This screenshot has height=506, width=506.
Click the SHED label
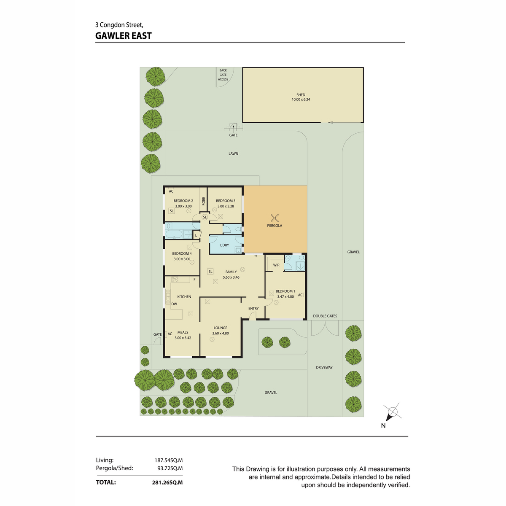point(301,95)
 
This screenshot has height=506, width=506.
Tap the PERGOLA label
point(275,226)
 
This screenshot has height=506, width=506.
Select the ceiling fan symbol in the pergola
point(275,218)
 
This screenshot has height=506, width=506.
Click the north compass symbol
point(392,412)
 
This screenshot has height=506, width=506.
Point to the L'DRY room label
point(224,245)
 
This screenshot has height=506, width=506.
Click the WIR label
point(276,265)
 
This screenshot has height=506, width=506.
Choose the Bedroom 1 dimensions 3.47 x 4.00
point(285,296)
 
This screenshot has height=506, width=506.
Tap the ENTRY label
point(253,308)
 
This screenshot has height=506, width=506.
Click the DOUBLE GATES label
point(325,316)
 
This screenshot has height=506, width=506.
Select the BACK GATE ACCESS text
point(223,75)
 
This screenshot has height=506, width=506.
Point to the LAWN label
point(233,153)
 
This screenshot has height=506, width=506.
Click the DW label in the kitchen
point(174,304)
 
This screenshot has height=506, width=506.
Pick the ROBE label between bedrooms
point(204,201)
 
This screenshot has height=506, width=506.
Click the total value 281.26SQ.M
point(167,482)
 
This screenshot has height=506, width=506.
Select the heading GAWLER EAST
point(124,36)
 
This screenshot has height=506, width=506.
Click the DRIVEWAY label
point(324,367)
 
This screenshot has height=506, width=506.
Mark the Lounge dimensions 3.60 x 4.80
point(220,333)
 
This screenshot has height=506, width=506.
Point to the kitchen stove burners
point(175,279)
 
